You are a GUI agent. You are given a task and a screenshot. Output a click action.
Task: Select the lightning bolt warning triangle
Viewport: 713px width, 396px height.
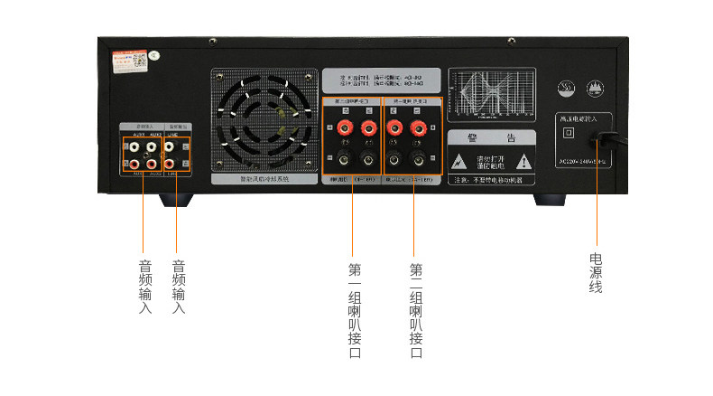click(461, 163)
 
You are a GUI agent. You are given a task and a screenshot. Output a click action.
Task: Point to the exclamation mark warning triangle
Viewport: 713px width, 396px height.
click(528, 163)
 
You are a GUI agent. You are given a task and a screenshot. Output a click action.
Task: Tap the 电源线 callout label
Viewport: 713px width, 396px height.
click(596, 272)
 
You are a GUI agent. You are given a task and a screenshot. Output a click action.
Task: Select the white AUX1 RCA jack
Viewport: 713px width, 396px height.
click(135, 144)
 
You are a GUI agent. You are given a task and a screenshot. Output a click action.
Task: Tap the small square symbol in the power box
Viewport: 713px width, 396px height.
click(568, 132)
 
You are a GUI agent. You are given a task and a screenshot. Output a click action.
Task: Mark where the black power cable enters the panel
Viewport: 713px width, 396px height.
click(597, 139)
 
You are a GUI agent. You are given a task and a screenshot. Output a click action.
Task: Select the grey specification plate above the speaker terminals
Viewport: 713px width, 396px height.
click(382, 80)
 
